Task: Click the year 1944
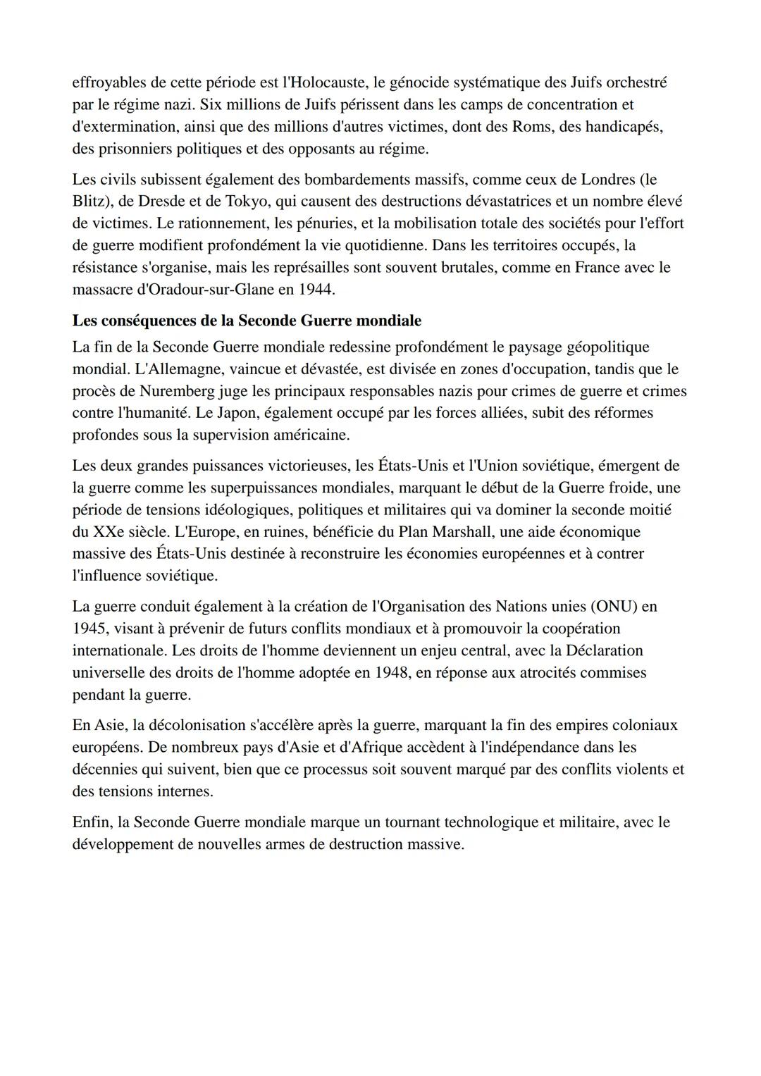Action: click(x=317, y=289)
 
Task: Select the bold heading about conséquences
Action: click(x=247, y=321)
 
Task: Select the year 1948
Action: click(x=391, y=672)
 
